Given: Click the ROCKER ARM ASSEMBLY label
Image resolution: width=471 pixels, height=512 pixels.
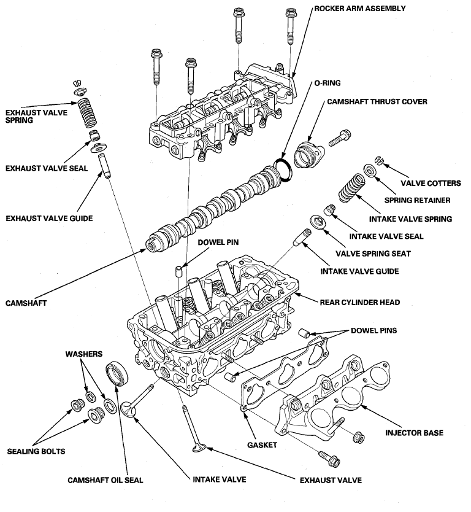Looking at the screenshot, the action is [x=360, y=9].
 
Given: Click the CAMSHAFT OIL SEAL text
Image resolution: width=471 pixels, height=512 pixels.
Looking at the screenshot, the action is [x=105, y=480].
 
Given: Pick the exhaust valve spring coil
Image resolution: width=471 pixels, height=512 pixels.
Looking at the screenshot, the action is [x=87, y=113].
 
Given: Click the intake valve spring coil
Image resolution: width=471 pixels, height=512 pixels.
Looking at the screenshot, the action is [x=351, y=188].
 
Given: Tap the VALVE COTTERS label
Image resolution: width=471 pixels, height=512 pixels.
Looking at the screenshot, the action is [x=431, y=183].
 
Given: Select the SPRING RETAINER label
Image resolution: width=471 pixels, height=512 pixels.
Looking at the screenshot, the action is [x=417, y=200].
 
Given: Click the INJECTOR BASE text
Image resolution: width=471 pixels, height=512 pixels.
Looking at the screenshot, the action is [x=414, y=433].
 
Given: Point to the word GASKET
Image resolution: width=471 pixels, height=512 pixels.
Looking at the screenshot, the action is [x=262, y=444].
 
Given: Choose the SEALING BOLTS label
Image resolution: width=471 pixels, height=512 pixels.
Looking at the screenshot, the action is [x=36, y=451].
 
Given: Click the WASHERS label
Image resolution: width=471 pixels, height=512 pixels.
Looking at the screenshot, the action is [x=84, y=354].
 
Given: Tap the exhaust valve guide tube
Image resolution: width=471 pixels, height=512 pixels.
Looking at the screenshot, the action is [x=105, y=166].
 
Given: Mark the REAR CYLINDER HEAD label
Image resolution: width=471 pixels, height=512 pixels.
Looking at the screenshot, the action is [x=360, y=303].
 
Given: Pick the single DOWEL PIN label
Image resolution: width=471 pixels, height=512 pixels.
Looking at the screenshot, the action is [x=218, y=242].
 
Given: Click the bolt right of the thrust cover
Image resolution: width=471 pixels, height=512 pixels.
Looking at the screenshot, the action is [x=340, y=138].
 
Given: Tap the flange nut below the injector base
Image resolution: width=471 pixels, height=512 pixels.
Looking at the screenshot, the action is [x=359, y=438].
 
